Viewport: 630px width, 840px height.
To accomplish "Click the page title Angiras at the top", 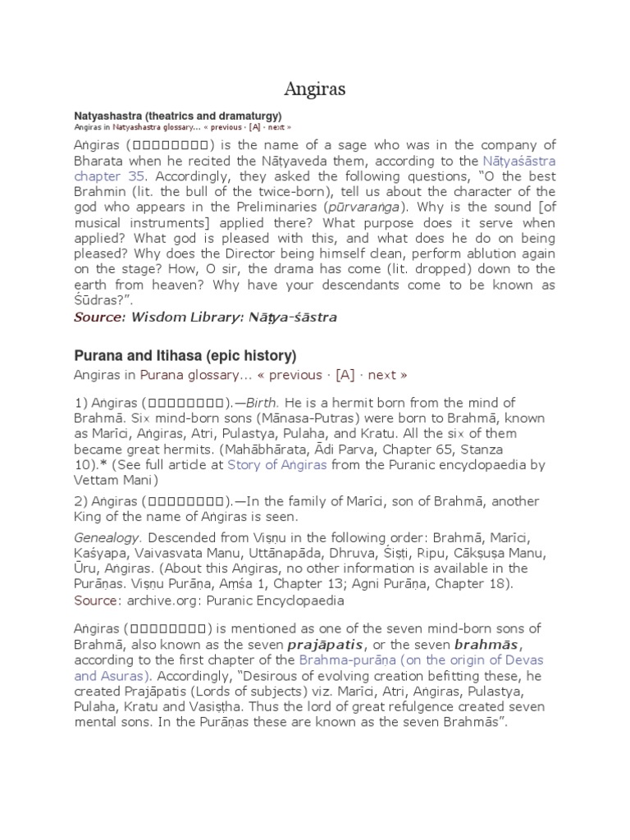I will (315, 89).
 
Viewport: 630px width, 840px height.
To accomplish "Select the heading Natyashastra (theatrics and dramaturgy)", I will (178, 116).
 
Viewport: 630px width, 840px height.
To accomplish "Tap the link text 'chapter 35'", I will (108, 176).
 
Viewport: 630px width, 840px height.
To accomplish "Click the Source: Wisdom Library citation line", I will (206, 317).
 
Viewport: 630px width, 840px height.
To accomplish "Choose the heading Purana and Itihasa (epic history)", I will (185, 355).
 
